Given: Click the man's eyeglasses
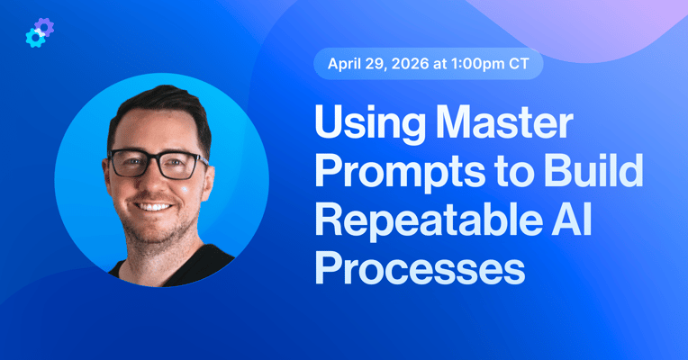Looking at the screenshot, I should tap(158, 165).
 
